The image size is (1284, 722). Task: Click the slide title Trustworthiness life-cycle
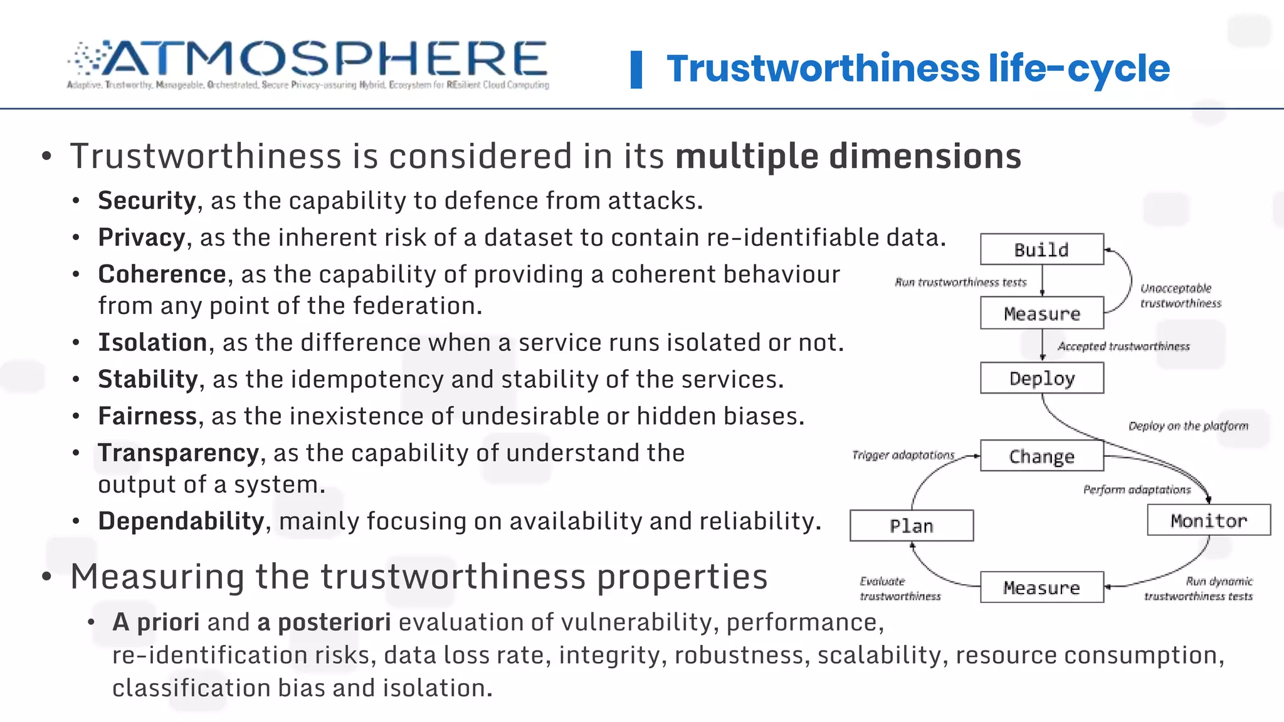918,68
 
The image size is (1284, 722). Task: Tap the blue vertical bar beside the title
636,70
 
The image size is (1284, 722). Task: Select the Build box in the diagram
1041,249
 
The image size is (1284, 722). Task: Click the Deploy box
1041,378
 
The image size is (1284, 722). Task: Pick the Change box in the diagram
1041,456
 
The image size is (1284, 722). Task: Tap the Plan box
911,525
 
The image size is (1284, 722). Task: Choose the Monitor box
1208,520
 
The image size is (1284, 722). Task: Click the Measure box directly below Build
1041,313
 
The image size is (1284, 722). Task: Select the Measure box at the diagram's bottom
1041,587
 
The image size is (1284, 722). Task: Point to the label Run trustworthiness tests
960,282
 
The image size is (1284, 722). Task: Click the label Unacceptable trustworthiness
1181,296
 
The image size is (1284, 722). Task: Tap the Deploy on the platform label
1188,426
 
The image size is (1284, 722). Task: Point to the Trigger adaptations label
903,455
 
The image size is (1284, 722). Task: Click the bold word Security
147,201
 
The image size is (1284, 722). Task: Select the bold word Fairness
147,416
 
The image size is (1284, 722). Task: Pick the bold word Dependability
181,521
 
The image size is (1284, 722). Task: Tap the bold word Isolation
152,342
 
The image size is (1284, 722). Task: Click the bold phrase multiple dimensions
848,156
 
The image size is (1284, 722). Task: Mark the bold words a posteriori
324,622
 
